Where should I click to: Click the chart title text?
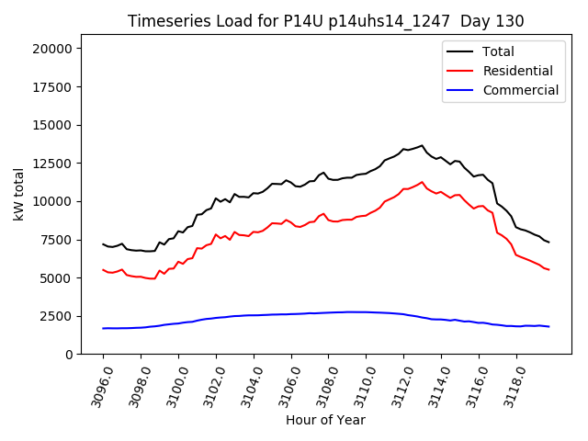[x=319, y=21]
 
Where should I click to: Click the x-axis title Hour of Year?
[x=325, y=420]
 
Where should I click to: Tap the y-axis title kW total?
[x=18, y=195]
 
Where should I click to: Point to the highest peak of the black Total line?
[x=423, y=145]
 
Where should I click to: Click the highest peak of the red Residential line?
[x=423, y=182]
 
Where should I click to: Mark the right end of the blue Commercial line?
[x=548, y=327]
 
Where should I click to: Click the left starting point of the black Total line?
[x=103, y=243]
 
